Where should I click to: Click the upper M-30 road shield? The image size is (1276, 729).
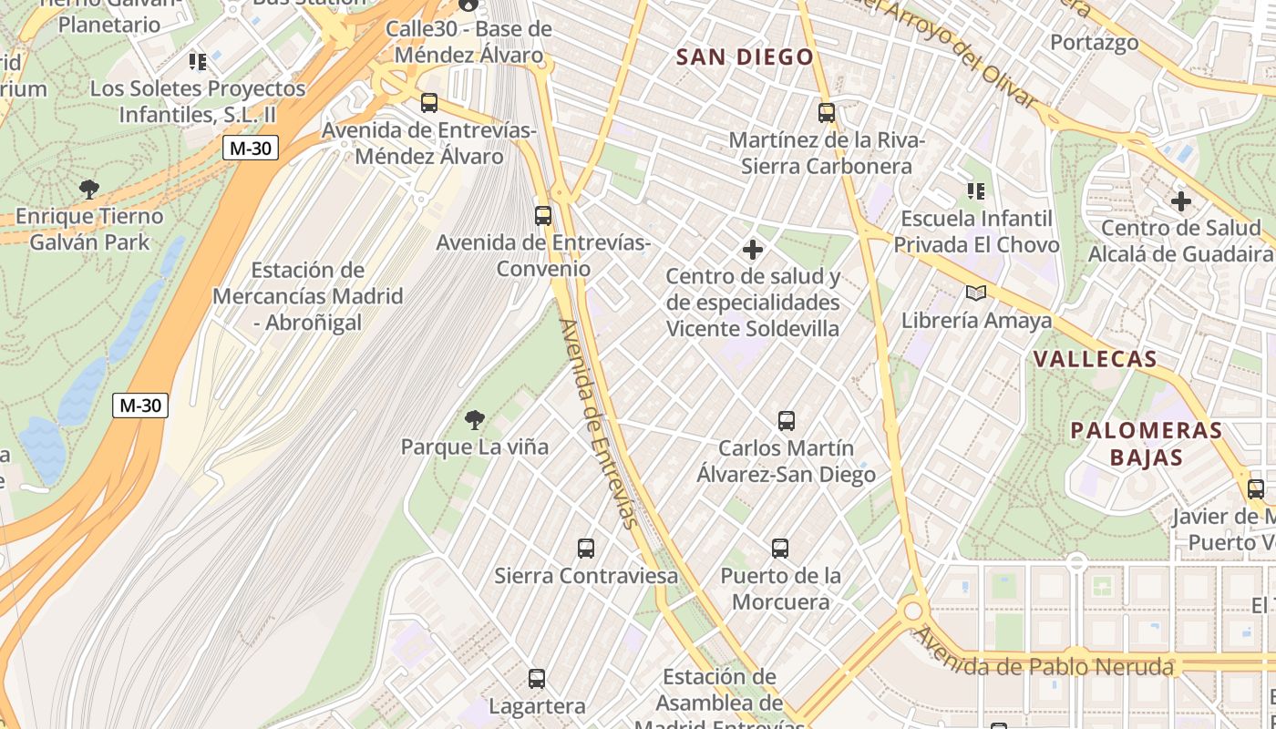click(x=250, y=148)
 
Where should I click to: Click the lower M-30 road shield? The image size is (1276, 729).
click(x=140, y=406)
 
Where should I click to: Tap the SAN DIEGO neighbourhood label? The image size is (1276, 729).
click(x=745, y=57)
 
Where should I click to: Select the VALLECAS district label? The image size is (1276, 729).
click(x=1096, y=359)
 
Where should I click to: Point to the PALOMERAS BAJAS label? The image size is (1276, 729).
click(x=1146, y=444)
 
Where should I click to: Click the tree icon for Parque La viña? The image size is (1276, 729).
click(x=474, y=420)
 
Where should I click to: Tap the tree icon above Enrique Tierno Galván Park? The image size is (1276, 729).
click(x=88, y=190)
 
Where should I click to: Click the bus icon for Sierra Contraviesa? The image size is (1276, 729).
click(x=586, y=549)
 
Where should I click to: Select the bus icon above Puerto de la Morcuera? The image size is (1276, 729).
click(x=780, y=549)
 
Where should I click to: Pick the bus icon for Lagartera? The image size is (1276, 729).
click(x=537, y=679)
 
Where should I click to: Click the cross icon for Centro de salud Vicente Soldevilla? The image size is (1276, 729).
click(x=753, y=249)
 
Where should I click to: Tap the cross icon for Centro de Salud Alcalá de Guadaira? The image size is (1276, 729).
click(x=1181, y=200)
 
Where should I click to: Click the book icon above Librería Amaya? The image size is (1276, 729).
click(x=976, y=293)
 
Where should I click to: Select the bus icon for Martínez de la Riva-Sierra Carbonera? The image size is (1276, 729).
click(x=827, y=113)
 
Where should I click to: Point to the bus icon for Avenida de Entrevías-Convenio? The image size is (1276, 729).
click(x=543, y=216)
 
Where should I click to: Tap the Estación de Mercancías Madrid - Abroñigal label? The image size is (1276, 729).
click(x=307, y=296)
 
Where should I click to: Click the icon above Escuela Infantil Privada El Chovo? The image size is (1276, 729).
click(x=976, y=191)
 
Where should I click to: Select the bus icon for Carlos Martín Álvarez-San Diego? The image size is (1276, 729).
click(x=787, y=421)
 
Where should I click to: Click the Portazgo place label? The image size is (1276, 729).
click(x=1095, y=43)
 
